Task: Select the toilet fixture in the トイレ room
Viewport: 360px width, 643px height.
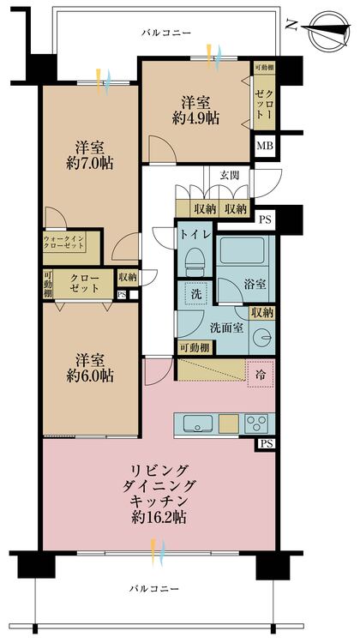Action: pos(195,259)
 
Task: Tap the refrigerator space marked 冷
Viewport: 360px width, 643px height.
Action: pos(258,374)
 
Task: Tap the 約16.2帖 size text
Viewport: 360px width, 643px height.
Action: pos(160,517)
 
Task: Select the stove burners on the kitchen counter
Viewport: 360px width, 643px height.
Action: pos(257,424)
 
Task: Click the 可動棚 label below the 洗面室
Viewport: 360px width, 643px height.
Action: pos(195,346)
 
